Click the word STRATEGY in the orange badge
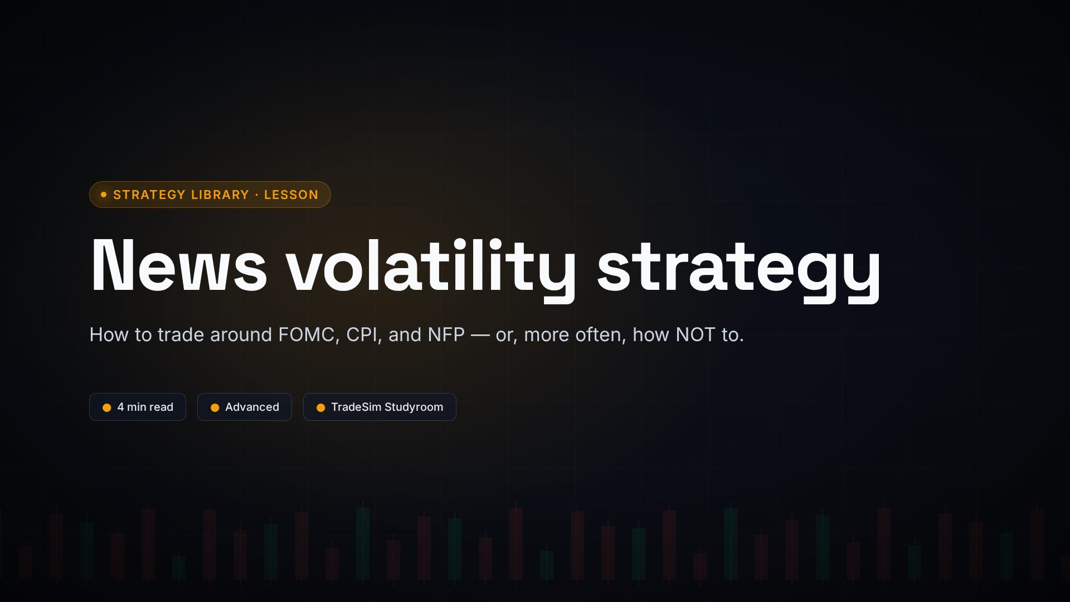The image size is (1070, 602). click(x=149, y=195)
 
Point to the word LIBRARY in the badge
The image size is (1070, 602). click(x=220, y=195)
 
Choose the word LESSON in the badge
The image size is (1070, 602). click(x=291, y=195)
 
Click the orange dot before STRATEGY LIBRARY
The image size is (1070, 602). click(x=104, y=195)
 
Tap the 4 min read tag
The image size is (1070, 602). click(x=138, y=407)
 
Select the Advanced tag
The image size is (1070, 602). click(x=245, y=407)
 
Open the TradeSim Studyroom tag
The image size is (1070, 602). click(x=380, y=407)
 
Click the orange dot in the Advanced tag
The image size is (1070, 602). click(x=215, y=407)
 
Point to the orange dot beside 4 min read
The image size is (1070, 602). click(x=107, y=407)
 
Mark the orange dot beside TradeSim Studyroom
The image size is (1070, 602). click(x=320, y=407)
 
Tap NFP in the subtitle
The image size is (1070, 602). click(x=446, y=334)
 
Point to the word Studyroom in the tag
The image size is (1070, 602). click(x=414, y=407)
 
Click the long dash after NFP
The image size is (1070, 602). click(x=480, y=335)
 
